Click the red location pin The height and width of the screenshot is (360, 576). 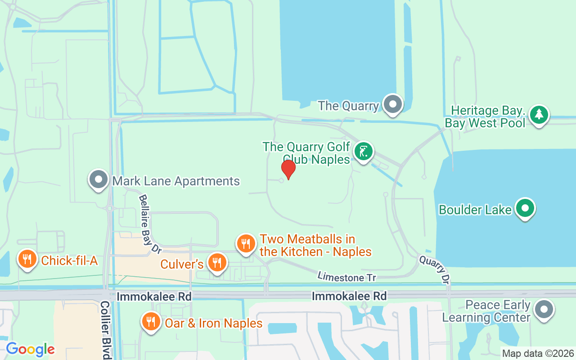[x=288, y=170]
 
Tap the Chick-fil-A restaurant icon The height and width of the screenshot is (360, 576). [x=27, y=260]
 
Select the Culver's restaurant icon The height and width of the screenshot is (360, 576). [x=217, y=262]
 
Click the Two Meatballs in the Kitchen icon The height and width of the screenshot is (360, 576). [x=246, y=243]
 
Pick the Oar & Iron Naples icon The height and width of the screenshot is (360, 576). [x=151, y=322]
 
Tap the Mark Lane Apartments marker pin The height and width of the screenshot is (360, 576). [x=99, y=180]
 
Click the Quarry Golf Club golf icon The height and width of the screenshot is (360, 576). [x=363, y=151]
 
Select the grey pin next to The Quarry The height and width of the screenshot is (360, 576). [x=393, y=104]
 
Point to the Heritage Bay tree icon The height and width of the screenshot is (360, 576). [x=539, y=115]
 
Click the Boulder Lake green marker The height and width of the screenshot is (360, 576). [x=525, y=208]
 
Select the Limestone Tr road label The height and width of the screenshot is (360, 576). [x=346, y=277]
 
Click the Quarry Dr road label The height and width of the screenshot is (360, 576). [x=435, y=269]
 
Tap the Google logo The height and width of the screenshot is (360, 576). [x=30, y=349]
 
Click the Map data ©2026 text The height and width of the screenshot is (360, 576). [x=538, y=354]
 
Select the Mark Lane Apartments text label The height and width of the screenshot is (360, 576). [x=176, y=181]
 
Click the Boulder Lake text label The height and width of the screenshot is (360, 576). [x=475, y=210]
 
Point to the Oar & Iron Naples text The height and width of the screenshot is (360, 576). [x=214, y=323]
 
